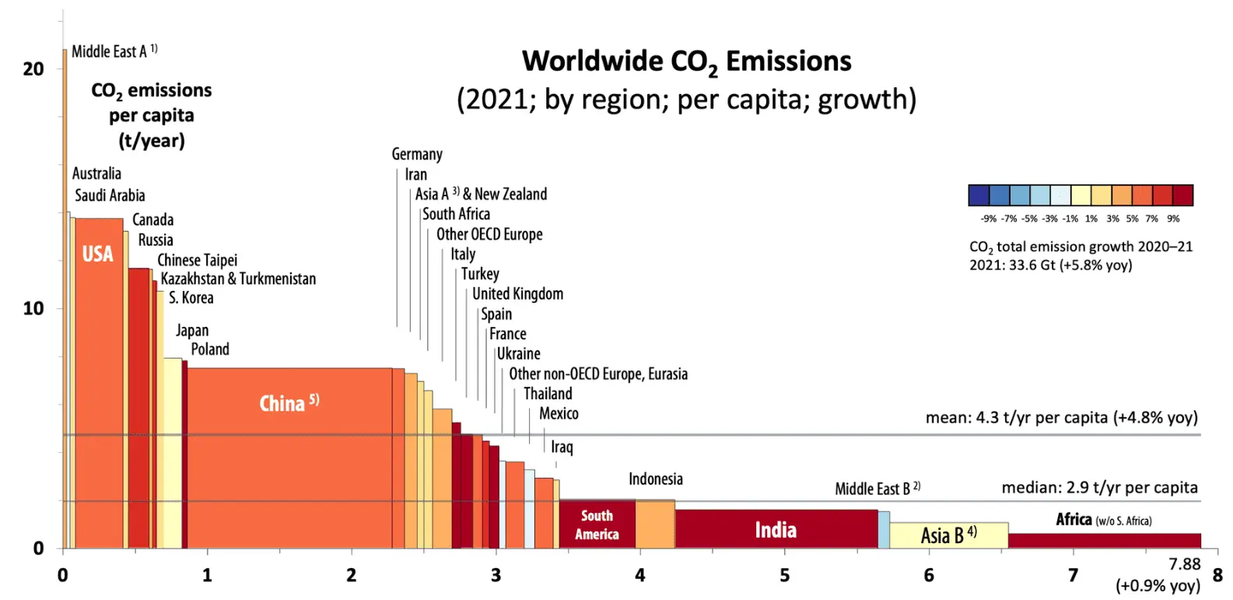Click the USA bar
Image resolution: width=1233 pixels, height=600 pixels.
click(x=98, y=381)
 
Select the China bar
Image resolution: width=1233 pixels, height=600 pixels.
click(x=289, y=459)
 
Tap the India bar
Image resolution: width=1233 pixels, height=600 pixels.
click(x=776, y=529)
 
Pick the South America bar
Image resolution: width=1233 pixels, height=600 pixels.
click(x=597, y=525)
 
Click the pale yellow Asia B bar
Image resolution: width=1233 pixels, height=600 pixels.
click(x=948, y=535)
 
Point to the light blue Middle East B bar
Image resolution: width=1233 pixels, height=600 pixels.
click(x=884, y=530)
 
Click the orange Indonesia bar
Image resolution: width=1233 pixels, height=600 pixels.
click(x=655, y=525)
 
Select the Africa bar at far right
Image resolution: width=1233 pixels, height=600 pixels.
click(x=1104, y=540)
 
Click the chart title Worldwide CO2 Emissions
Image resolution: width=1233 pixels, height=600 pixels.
click(x=686, y=61)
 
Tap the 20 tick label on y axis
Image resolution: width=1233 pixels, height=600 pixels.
click(x=33, y=68)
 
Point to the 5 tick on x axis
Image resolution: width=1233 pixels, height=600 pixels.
click(x=784, y=575)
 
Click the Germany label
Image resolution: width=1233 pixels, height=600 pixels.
click(x=417, y=154)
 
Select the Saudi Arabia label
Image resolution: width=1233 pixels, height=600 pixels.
click(x=110, y=195)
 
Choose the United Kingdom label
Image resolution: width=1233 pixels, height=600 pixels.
click(x=517, y=293)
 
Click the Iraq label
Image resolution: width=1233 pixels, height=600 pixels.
click(x=562, y=447)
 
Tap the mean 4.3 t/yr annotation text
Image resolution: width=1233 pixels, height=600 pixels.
click(x=1061, y=418)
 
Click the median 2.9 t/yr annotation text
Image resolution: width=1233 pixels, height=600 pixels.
click(x=1099, y=488)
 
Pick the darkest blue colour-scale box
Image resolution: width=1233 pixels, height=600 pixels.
click(x=979, y=195)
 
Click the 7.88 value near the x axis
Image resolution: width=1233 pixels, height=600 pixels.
click(x=1185, y=564)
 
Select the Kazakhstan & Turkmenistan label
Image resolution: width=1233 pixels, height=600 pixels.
click(x=238, y=279)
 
